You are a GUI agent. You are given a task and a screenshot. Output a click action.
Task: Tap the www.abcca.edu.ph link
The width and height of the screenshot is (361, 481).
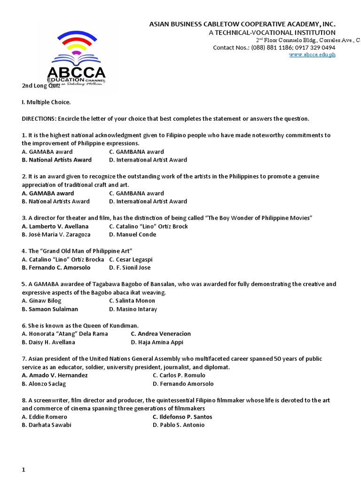coord(312,54)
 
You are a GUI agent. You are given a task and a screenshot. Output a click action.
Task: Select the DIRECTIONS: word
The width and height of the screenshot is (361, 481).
coord(39,118)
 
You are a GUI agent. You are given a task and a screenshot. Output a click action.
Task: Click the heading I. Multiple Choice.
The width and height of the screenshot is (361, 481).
coord(46,102)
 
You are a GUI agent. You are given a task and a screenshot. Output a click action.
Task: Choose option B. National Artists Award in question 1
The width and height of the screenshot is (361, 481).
coord(57,160)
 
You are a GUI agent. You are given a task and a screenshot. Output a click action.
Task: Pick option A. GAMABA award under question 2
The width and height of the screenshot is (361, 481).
coord(48,193)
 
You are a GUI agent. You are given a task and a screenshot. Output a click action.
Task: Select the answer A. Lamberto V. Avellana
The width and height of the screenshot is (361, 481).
coord(55,226)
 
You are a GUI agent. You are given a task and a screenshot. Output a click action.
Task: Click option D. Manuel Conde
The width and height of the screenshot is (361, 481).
coord(133,234)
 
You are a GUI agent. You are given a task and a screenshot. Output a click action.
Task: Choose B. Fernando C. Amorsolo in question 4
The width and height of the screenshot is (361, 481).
coord(56,268)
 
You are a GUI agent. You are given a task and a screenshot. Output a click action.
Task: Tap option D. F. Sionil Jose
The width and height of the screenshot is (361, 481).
coord(130,268)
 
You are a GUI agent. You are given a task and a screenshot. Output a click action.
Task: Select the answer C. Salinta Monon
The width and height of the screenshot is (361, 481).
coord(132,301)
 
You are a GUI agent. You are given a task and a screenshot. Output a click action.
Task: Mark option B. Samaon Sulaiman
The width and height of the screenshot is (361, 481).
coord(50,309)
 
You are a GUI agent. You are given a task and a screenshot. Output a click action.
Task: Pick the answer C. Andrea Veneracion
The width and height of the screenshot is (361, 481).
coord(161,334)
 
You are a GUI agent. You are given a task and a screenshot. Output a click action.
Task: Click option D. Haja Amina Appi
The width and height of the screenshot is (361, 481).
coord(157,342)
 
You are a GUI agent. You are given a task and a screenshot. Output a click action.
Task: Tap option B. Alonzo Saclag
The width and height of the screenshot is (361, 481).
coord(44,384)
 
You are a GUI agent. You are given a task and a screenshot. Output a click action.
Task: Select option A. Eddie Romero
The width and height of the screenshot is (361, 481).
coord(45,417)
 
